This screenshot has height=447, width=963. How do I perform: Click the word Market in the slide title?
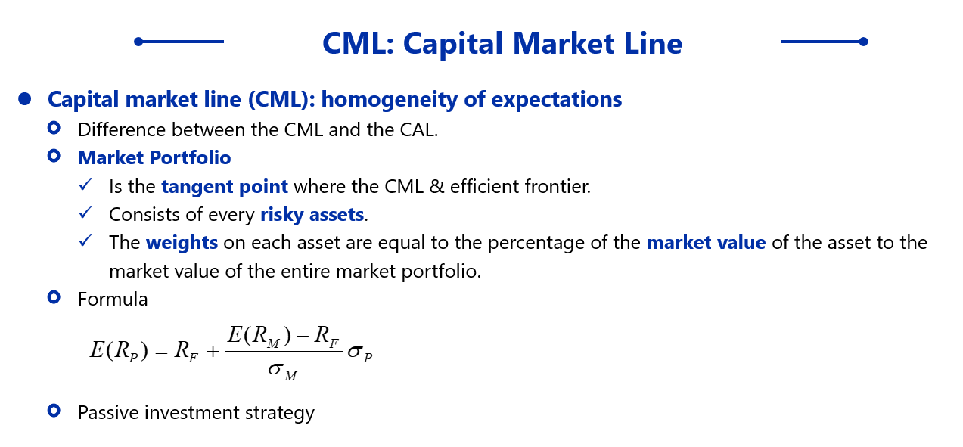pyautogui.click(x=564, y=43)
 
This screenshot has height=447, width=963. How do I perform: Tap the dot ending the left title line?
pyautogui.click(x=138, y=42)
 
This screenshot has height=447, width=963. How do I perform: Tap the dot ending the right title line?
pyautogui.click(x=863, y=42)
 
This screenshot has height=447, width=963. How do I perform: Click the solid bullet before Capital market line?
pyautogui.click(x=25, y=99)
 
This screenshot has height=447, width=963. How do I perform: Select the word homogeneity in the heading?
pyautogui.click(x=389, y=100)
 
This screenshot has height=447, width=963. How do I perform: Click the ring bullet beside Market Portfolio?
pyautogui.click(x=54, y=156)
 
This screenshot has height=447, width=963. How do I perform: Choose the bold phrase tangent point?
pyautogui.click(x=225, y=187)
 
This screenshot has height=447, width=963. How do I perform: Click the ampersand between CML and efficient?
pyautogui.click(x=436, y=187)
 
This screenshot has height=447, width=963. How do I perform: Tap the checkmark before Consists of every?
pyautogui.click(x=86, y=213)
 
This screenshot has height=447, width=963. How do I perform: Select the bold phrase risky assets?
pyautogui.click(x=312, y=215)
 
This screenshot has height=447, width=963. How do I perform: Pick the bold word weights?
pyautogui.click(x=182, y=243)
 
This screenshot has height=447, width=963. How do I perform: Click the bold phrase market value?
pyautogui.click(x=706, y=243)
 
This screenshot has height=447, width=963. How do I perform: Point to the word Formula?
pyautogui.click(x=113, y=300)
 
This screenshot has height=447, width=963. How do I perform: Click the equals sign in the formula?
pyautogui.click(x=161, y=352)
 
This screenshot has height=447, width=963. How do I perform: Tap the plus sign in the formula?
pyautogui.click(x=213, y=352)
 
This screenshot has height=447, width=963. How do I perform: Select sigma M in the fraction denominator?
pyautogui.click(x=282, y=371)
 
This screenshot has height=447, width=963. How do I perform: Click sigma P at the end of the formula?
pyautogui.click(x=360, y=353)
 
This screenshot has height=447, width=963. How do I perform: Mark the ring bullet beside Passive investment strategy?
pyautogui.click(x=54, y=411)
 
